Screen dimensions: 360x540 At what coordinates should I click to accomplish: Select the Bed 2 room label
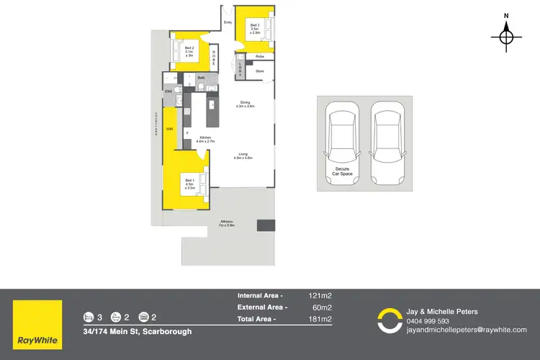tap(189, 52)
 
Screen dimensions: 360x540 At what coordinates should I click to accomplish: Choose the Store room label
tap(259, 71)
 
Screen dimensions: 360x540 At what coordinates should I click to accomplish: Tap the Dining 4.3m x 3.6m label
tap(246, 104)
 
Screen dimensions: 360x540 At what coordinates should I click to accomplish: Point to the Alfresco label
tap(227, 224)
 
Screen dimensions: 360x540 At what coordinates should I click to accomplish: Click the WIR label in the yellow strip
tap(169, 129)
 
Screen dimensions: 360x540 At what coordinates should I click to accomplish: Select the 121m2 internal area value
tap(320, 295)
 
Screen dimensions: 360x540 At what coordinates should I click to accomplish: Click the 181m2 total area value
tap(320, 318)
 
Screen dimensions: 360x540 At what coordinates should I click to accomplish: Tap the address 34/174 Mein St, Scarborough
tap(137, 331)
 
